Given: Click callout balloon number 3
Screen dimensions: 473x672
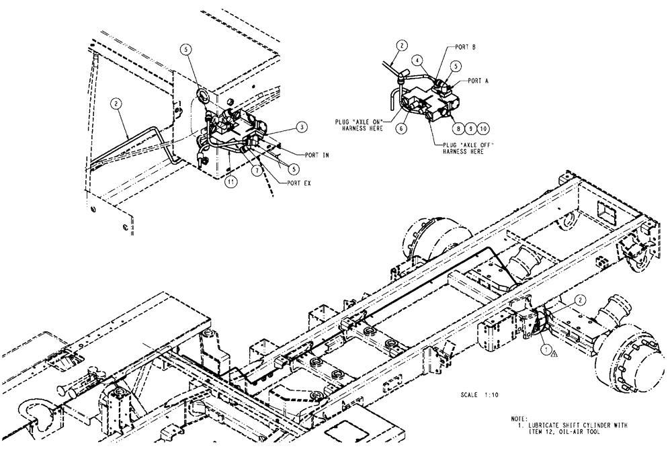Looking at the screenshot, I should [284, 126].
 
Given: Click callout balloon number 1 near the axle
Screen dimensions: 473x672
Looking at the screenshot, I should [546, 349].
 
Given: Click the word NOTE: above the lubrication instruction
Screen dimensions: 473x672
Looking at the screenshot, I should [519, 419].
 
